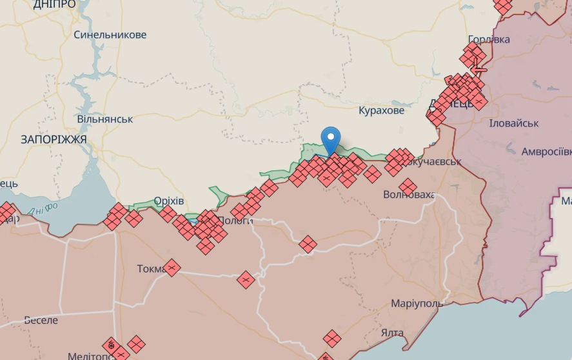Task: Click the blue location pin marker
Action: point(331,138)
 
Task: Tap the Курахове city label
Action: point(382,110)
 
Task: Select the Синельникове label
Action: point(110,35)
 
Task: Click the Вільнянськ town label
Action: point(104,119)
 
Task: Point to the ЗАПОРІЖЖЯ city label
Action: point(54,139)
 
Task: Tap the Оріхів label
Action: point(169,201)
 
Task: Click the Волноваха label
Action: point(409,194)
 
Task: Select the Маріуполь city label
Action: point(417,303)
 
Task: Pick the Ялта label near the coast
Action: point(392,333)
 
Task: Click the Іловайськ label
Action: point(514,123)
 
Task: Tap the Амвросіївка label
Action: point(547,152)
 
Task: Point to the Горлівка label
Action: point(489,39)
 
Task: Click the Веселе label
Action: point(41,320)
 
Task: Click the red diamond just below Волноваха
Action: point(408,188)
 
